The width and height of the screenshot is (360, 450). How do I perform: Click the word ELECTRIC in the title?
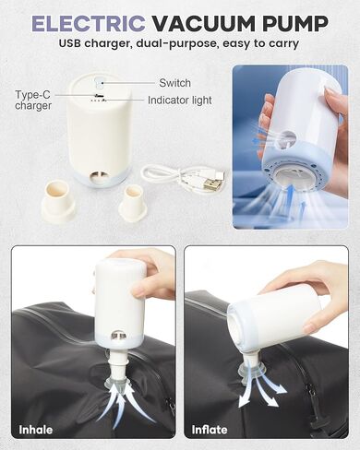point(89,24)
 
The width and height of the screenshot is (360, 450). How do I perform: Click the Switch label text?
point(174,83)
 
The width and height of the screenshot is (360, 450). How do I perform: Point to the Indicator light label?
point(180,101)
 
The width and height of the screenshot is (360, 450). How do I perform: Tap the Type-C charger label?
point(33,101)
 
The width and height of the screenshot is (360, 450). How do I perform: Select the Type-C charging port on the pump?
point(99,95)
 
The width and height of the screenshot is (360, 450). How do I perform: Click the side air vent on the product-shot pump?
point(99,178)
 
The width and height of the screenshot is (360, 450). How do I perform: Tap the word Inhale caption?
point(36,430)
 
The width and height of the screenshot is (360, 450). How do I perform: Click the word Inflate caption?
point(210,430)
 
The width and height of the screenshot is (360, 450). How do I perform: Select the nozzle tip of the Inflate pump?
point(247,368)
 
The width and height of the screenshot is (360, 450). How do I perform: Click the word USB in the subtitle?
point(69,42)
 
